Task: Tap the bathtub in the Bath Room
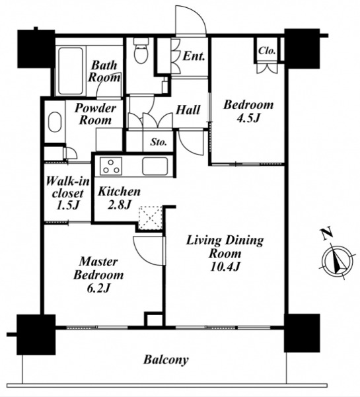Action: (71, 71)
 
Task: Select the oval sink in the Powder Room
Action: (55, 122)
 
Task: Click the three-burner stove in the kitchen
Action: (111, 166)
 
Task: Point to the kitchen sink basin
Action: (155, 166)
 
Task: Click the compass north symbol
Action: (338, 262)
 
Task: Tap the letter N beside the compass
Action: (326, 234)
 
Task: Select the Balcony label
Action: (166, 360)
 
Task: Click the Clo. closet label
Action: (267, 51)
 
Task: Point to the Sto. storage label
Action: (159, 142)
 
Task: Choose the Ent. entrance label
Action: (194, 56)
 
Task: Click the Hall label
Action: (188, 110)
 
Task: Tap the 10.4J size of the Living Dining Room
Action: (225, 267)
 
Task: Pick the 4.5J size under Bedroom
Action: (248, 118)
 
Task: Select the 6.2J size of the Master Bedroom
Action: (98, 288)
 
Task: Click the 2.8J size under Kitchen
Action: (119, 205)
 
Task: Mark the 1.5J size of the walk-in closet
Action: (67, 205)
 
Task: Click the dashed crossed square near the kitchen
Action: (150, 218)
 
